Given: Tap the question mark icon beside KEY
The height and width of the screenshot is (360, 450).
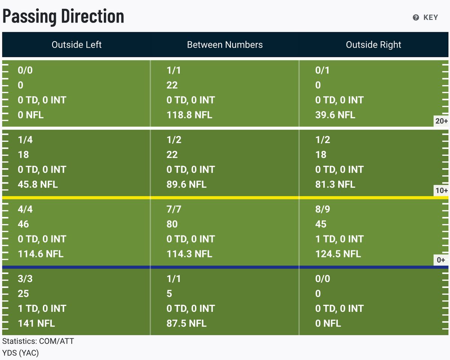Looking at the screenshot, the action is pyautogui.click(x=416, y=17).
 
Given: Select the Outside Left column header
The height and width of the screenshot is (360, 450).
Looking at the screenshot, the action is pyautogui.click(x=76, y=45).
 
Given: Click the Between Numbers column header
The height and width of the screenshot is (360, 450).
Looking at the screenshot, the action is pyautogui.click(x=225, y=45).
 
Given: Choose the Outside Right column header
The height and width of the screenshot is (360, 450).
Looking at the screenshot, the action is pyautogui.click(x=373, y=45).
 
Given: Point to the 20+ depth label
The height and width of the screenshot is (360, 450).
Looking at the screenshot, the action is pyautogui.click(x=441, y=121).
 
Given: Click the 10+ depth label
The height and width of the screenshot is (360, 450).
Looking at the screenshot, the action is pyautogui.click(x=441, y=190).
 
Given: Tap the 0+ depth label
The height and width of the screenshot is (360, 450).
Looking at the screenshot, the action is pyautogui.click(x=441, y=260).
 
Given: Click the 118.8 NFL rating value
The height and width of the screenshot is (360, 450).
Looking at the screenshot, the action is pyautogui.click(x=189, y=115).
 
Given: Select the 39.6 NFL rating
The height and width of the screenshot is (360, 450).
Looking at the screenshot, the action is pyautogui.click(x=335, y=115).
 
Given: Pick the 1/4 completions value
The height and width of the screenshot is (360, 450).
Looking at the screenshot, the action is pyautogui.click(x=25, y=140).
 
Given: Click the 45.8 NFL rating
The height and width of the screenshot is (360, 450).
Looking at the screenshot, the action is pyautogui.click(x=37, y=184).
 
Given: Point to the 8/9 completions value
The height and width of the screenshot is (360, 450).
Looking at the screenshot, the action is pyautogui.click(x=322, y=209).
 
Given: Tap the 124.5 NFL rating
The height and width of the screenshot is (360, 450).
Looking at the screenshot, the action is pyautogui.click(x=338, y=254).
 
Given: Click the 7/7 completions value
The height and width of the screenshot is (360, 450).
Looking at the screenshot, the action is pyautogui.click(x=174, y=209).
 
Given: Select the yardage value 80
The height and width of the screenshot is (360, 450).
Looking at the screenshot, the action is pyautogui.click(x=172, y=224).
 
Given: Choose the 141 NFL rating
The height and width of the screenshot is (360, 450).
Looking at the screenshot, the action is pyautogui.click(x=36, y=323).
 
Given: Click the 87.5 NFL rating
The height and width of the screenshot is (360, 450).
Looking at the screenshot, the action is pyautogui.click(x=186, y=323).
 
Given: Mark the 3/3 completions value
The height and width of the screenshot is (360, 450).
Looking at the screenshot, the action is pyautogui.click(x=25, y=279).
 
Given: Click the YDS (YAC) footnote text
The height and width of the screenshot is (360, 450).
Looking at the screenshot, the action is pyautogui.click(x=21, y=353).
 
